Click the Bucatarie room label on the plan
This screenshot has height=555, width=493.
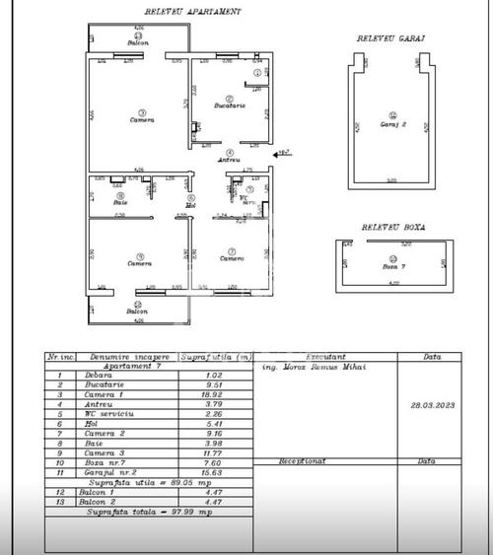(x=229, y=104)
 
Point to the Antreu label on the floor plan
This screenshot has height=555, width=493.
(x=230, y=159)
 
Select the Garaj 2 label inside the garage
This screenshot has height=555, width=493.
(x=392, y=125)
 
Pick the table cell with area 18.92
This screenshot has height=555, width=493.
(x=214, y=392)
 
